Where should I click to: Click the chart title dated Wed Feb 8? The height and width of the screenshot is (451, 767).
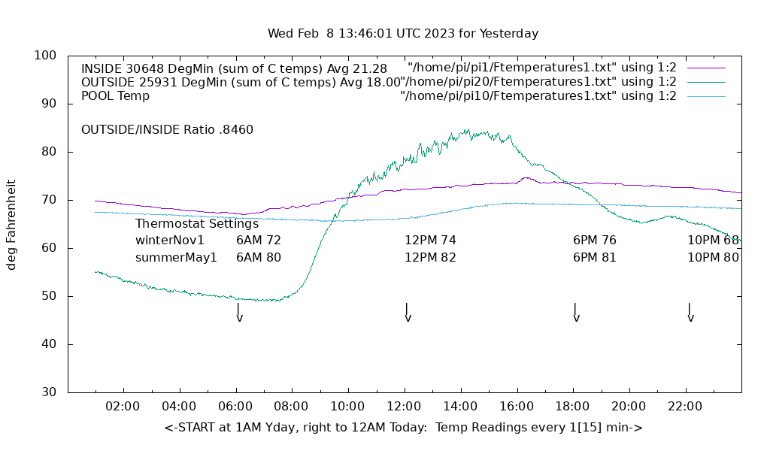click(403, 34)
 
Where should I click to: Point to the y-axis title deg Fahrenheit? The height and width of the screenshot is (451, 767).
click(11, 224)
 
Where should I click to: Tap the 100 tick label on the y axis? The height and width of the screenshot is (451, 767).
click(46, 56)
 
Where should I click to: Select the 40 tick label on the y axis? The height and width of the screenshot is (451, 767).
click(49, 344)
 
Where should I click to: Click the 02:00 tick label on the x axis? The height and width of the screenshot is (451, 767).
click(123, 407)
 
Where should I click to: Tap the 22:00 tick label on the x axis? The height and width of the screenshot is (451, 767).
click(685, 407)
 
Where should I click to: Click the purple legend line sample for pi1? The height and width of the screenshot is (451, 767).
click(706, 68)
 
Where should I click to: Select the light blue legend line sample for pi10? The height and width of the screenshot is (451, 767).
click(706, 96)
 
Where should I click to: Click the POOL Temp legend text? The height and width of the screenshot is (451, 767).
click(115, 96)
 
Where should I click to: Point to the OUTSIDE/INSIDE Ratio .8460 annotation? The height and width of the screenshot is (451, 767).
click(167, 129)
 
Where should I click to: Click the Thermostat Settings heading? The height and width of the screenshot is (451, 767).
click(197, 223)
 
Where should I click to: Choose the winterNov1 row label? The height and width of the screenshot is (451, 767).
click(170, 241)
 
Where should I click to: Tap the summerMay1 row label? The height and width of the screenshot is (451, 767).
click(176, 257)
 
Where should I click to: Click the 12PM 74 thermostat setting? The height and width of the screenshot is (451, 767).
click(430, 241)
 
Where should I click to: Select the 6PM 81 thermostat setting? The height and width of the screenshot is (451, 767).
click(594, 257)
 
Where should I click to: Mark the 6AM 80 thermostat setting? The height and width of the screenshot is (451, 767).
click(258, 257)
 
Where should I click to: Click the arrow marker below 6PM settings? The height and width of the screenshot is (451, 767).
click(576, 313)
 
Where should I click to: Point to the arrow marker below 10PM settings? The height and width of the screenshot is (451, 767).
click(690, 313)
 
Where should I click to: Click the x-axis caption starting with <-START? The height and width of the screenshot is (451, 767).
click(403, 428)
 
